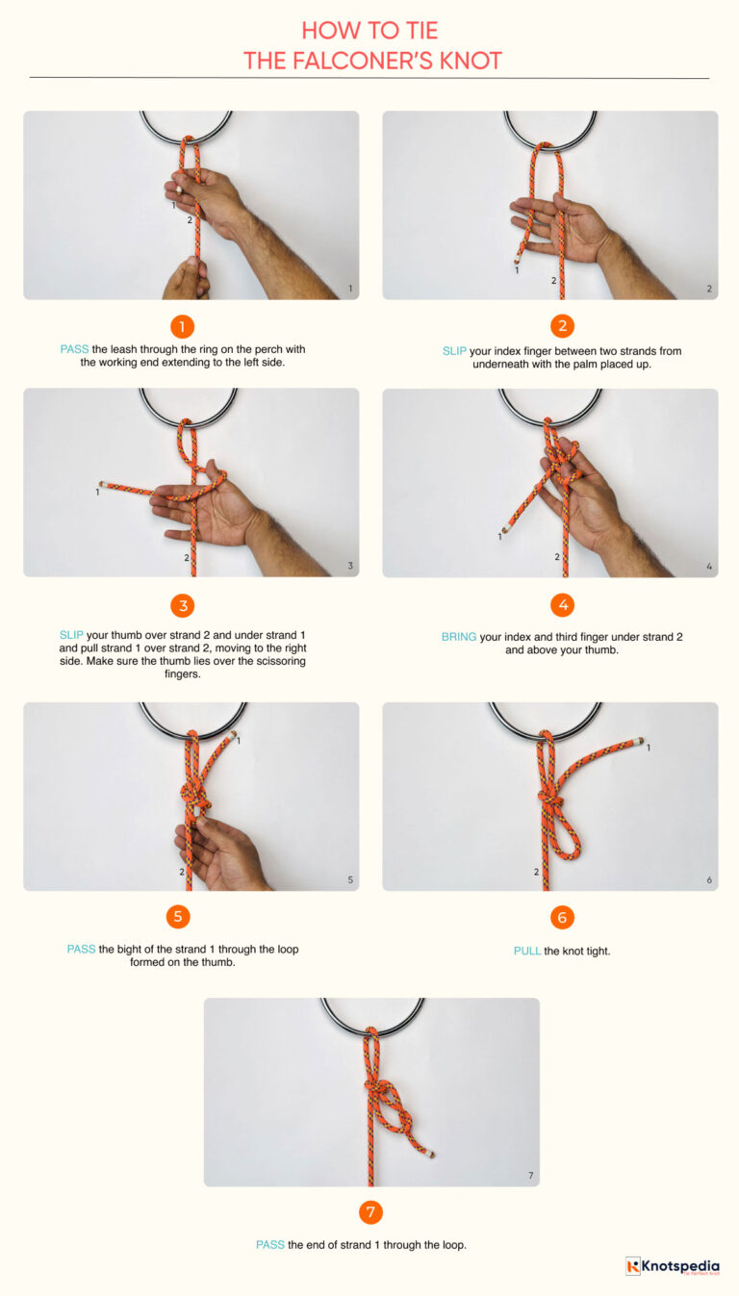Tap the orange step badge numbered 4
click(x=562, y=605)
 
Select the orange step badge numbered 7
click(x=370, y=1211)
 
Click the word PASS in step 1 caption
click(x=74, y=349)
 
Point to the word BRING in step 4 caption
click(x=458, y=637)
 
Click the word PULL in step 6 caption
click(x=526, y=951)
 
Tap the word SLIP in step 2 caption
click(x=454, y=351)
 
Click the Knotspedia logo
click(x=672, y=1266)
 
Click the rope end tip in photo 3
click(x=101, y=485)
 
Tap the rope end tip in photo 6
click(x=640, y=741)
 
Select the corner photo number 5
click(x=350, y=879)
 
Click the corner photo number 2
click(x=709, y=289)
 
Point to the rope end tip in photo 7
click(x=431, y=1154)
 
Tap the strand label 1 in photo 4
click(x=499, y=537)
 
